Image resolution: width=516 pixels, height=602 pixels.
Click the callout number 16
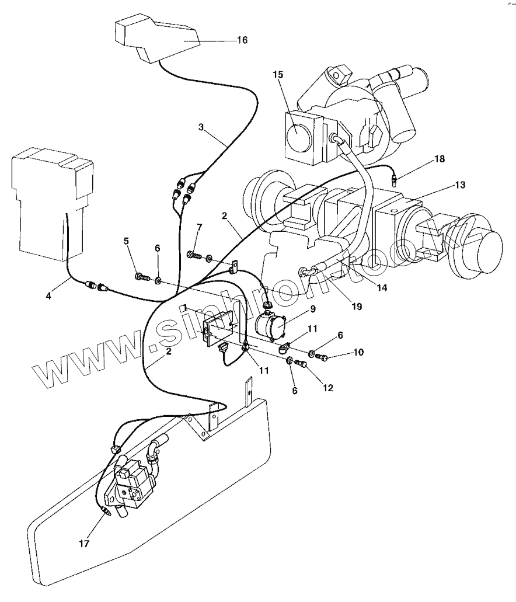click(x=242, y=40)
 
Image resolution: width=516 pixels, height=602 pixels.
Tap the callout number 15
click(x=278, y=74)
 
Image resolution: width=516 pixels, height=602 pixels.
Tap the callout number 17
click(x=84, y=543)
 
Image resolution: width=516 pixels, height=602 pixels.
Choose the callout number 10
click(x=357, y=353)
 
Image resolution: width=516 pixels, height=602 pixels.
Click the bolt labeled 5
click(x=141, y=275)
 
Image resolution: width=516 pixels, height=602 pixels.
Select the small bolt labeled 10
click(x=320, y=356)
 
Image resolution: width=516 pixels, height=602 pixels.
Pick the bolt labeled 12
click(x=302, y=364)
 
